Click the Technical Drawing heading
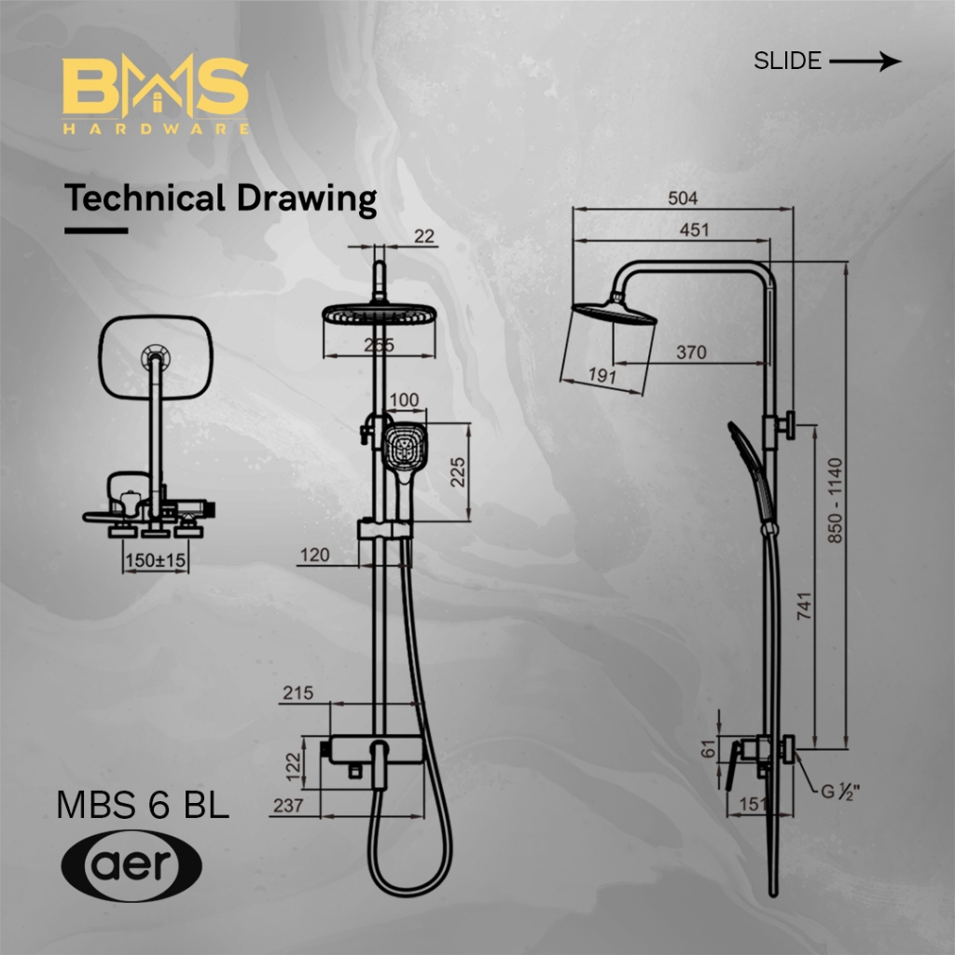pos(220,199)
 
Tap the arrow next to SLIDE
pos(865,62)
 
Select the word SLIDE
pos(787,62)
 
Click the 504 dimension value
pos(683,199)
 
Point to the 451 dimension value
pos(694,229)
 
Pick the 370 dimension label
pos(691,353)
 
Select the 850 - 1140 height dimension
pos(835,501)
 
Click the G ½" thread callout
pos(840,794)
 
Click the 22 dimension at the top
pos(424,237)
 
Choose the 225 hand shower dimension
pos(458,472)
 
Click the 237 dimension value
pos(288,806)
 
